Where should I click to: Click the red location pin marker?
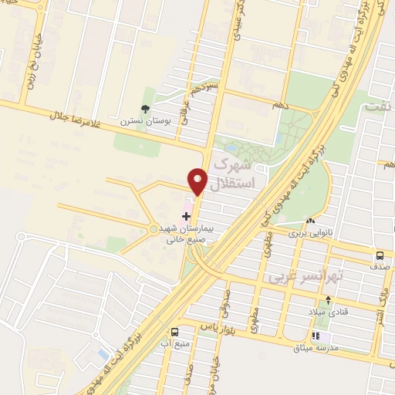coord(197,181)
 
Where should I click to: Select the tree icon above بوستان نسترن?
coord(145,109)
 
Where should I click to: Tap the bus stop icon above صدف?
coord(380,256)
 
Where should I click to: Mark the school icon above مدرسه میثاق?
coord(315,336)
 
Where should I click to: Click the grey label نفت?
coord(377,110)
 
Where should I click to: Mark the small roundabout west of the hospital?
coord(153,228)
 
